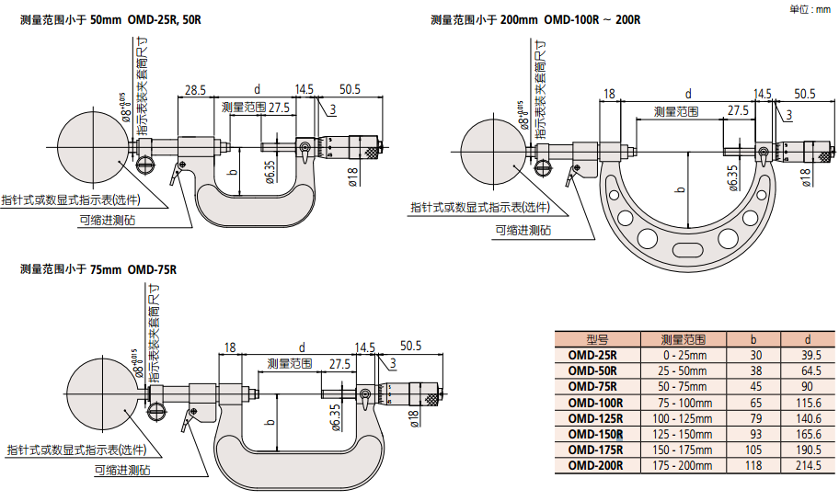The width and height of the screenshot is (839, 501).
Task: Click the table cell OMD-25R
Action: tap(592, 356)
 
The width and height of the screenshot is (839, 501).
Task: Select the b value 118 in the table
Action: tap(754, 466)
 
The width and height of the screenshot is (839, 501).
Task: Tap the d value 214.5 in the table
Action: tap(810, 466)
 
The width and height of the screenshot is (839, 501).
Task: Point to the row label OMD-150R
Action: tap(595, 434)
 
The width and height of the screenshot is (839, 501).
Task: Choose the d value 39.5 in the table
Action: tap(810, 356)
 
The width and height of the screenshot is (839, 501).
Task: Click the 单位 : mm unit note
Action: tap(810, 8)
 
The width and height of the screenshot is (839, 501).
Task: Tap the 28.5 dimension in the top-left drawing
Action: tap(195, 90)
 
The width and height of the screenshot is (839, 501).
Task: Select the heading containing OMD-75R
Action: tap(98, 269)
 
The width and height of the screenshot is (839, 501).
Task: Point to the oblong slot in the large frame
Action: tap(685, 252)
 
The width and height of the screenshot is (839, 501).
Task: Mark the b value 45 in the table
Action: tap(754, 387)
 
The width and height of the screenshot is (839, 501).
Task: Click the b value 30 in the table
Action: tap(754, 356)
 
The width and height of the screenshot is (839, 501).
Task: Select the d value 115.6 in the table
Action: tap(810, 403)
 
